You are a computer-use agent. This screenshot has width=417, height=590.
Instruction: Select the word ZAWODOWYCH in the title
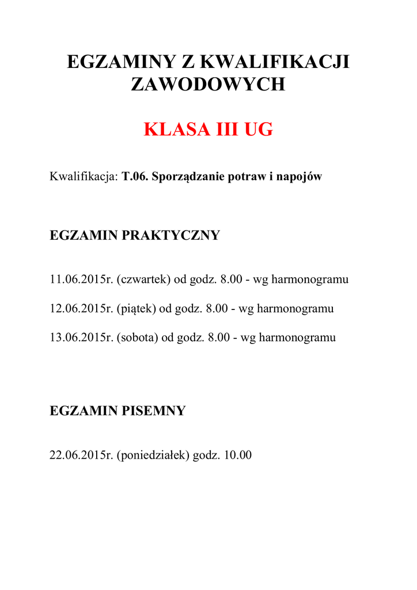(208, 85)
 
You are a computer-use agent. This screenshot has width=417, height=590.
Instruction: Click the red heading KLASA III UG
(208, 130)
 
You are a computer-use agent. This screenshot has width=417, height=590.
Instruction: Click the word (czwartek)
(143, 280)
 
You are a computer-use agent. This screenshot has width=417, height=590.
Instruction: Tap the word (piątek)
(137, 309)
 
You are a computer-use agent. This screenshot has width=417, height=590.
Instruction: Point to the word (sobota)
(137, 338)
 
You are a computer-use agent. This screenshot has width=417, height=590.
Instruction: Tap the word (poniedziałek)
(153, 455)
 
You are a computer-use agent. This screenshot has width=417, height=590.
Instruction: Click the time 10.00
(238, 455)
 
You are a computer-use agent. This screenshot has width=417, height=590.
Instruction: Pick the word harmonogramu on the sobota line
(297, 338)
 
